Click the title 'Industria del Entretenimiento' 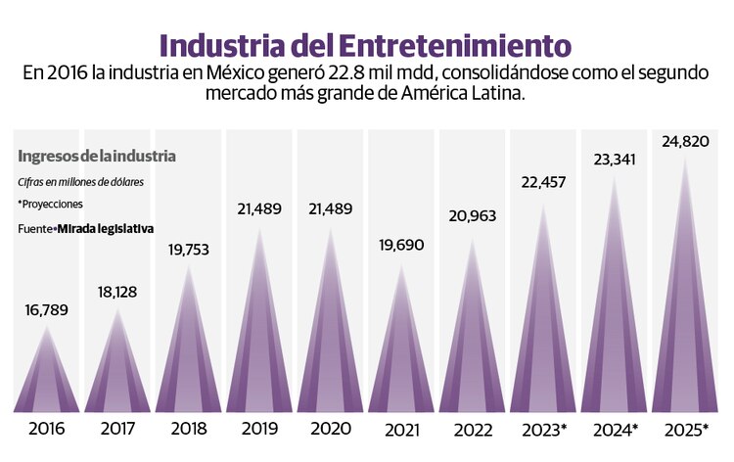coord(365,45)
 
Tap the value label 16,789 coord(47,310)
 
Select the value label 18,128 coord(117,292)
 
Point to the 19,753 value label coord(188,250)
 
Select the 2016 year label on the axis coord(47,429)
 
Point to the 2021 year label coord(401,429)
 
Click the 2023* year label coord(544,429)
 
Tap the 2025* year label coord(686,429)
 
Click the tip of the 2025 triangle coord(685,160)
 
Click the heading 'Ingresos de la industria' coord(97,157)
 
